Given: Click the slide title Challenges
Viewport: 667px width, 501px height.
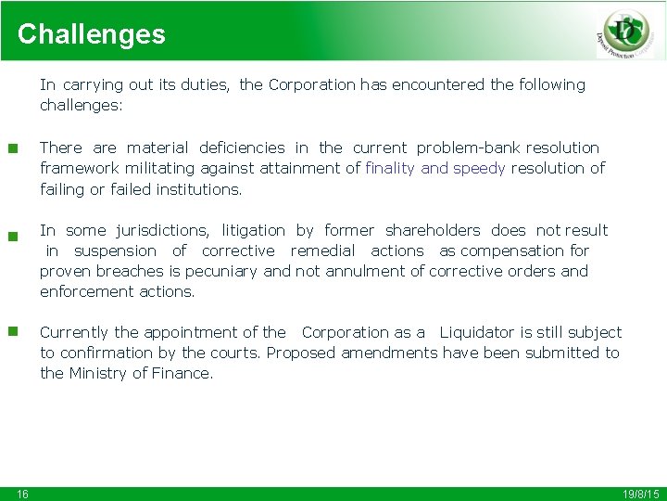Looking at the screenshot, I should coord(91,34).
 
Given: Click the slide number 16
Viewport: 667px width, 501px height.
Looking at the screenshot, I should coord(22,494).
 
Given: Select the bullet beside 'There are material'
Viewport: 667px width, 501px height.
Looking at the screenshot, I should coord(13,148).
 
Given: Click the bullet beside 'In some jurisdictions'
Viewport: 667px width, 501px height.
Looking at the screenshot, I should coord(13,236).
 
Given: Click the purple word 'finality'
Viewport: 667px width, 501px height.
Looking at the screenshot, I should coord(390,168).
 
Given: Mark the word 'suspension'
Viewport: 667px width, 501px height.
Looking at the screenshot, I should coord(115,250).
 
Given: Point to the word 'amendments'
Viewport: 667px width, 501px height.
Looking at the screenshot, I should coord(388,353).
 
